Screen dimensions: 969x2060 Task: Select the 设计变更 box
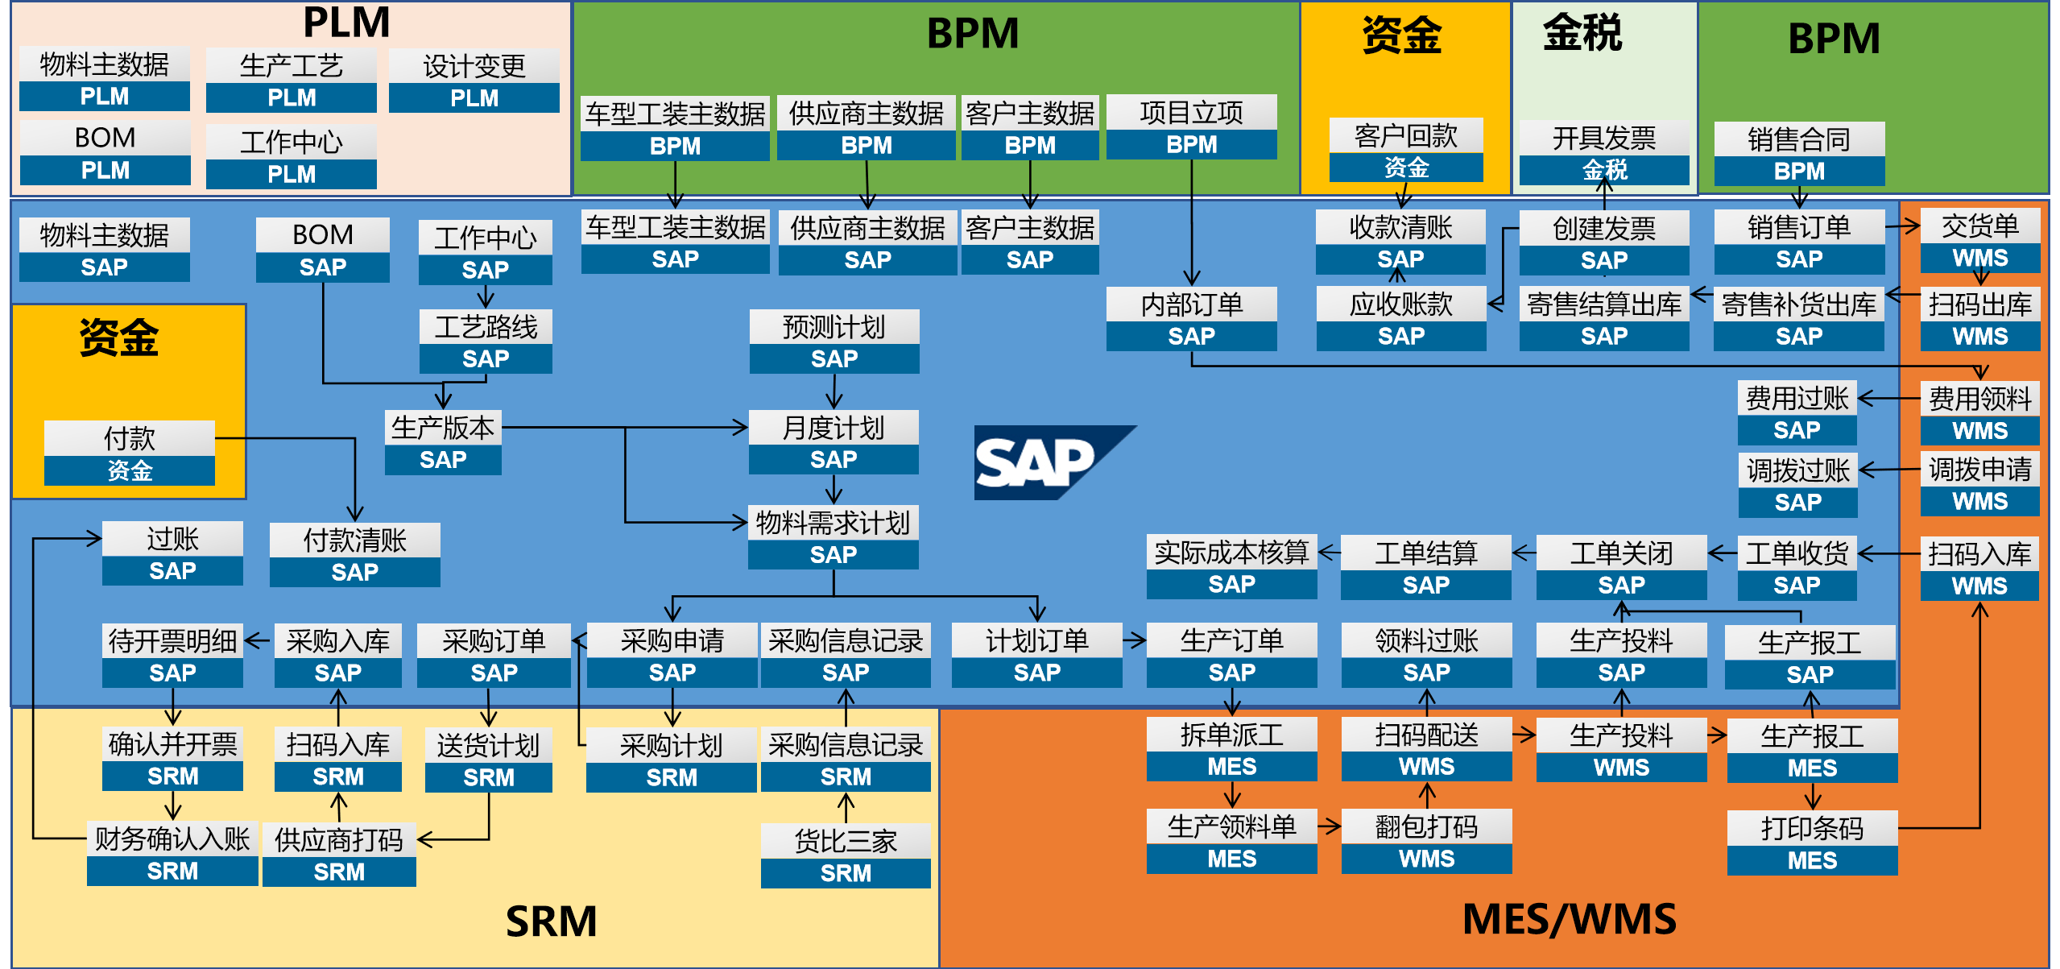click(474, 81)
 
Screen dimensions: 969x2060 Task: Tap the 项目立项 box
click(1191, 127)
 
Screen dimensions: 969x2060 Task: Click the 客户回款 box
click(1405, 151)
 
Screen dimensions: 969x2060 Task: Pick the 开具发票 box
click(1603, 153)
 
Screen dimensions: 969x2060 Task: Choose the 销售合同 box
click(1798, 154)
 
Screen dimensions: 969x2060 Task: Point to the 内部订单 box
click(1191, 319)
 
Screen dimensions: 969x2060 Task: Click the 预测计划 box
click(834, 342)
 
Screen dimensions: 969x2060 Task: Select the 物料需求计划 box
click(833, 537)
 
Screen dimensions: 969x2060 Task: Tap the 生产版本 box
click(442, 442)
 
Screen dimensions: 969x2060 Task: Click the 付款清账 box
click(354, 555)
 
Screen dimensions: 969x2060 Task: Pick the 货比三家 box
click(845, 855)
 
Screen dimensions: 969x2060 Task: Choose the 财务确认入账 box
click(172, 854)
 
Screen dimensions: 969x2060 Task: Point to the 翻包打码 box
click(1425, 842)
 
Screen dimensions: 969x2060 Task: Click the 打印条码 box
click(1811, 843)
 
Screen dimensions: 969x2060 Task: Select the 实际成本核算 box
click(1231, 567)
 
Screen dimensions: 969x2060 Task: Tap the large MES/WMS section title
click(1568, 919)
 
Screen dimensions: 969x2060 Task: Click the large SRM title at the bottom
click(551, 921)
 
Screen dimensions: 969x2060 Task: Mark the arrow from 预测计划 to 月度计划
click(834, 391)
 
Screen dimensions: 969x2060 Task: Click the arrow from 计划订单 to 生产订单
click(1133, 640)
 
